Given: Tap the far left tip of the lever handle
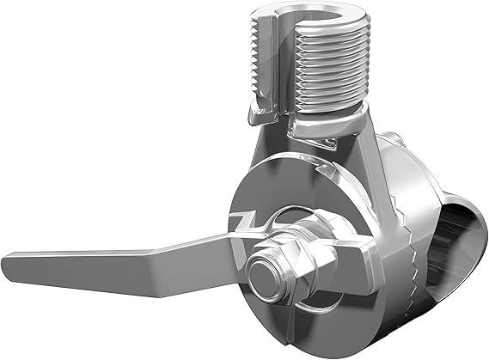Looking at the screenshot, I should coord(10,257).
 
